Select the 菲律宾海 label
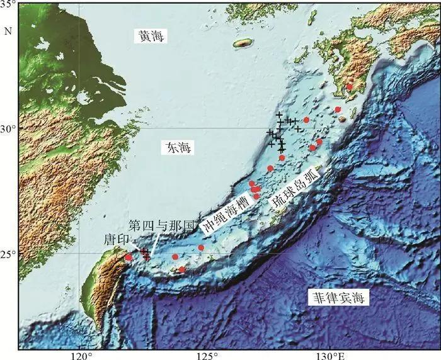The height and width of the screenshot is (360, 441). point(338,298)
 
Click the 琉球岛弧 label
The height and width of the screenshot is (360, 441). point(296,188)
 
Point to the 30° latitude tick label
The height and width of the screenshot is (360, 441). point(10,128)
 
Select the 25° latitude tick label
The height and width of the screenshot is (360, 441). point(10,254)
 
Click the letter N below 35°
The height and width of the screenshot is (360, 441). point(8,30)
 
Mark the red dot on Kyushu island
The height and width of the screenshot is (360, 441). point(350,87)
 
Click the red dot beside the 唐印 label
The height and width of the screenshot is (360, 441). point(129,257)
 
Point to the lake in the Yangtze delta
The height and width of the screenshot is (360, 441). point(83,99)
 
